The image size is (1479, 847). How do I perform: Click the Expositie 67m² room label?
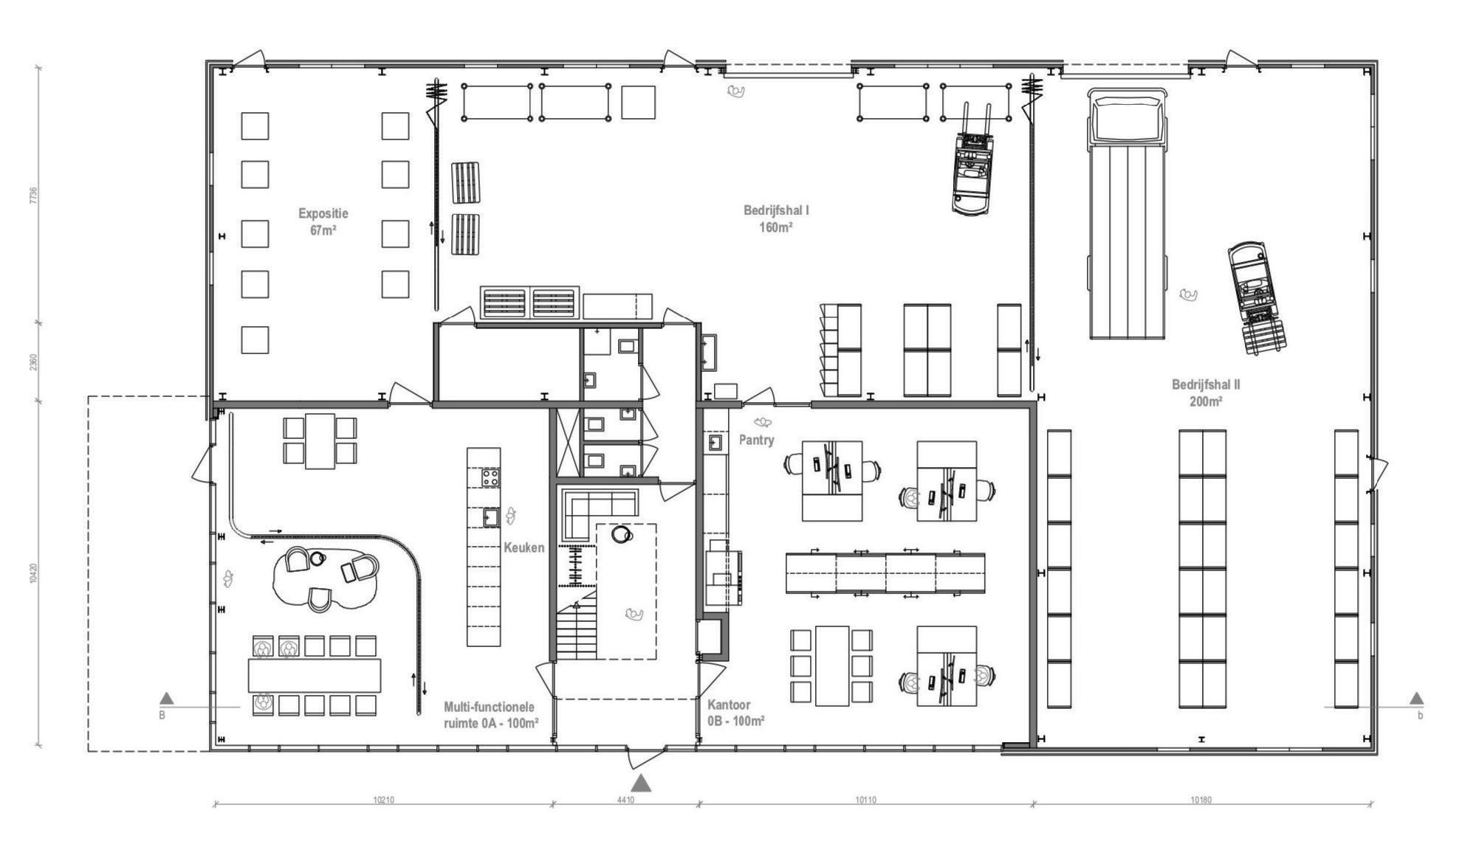click(x=323, y=221)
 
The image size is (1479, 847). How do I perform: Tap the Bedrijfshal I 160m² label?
click(x=776, y=218)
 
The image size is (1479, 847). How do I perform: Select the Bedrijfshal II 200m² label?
click(x=1206, y=393)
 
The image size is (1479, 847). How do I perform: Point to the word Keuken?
click(x=524, y=547)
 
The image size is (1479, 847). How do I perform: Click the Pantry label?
click(x=757, y=440)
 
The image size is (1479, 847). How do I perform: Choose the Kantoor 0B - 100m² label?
click(x=736, y=713)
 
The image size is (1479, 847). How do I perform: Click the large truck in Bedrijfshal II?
click(x=1127, y=213)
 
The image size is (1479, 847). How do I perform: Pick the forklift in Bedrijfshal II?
click(x=1257, y=297)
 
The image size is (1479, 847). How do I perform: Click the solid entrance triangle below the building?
click(x=641, y=783)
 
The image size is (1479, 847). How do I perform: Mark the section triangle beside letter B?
click(x=167, y=698)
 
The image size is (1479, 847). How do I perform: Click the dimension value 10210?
click(x=383, y=800)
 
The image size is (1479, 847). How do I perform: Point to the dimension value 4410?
click(x=625, y=800)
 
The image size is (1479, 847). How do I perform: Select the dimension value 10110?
click(x=865, y=800)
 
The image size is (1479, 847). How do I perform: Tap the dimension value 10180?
click(x=1201, y=800)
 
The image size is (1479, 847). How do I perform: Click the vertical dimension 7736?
click(x=33, y=195)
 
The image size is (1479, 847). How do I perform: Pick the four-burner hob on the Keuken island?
click(x=490, y=478)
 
